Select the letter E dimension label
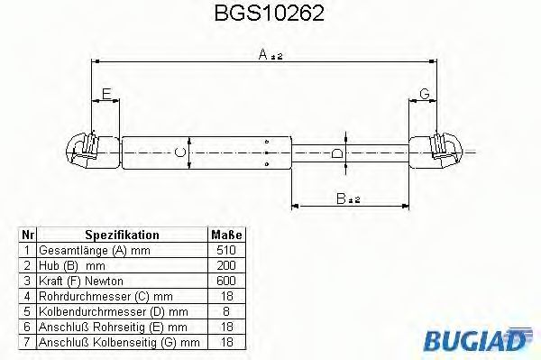pos(105,94)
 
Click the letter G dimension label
pos(423,94)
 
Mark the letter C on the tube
pos(180,152)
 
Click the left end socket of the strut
pos(86,151)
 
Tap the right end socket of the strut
pos(442,151)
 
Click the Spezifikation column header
pos(122,235)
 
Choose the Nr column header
pos(27,235)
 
